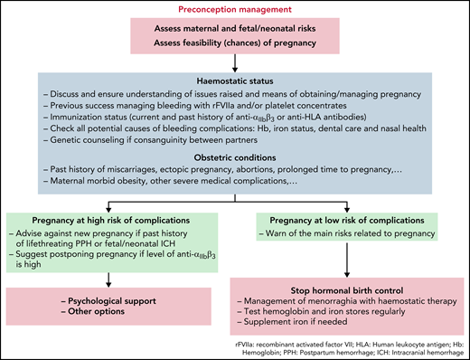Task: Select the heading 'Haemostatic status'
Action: pos(235,79)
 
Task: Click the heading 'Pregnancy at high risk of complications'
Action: pos(111,222)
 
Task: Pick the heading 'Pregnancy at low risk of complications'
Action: pos(355,222)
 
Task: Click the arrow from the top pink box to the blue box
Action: pos(235,61)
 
